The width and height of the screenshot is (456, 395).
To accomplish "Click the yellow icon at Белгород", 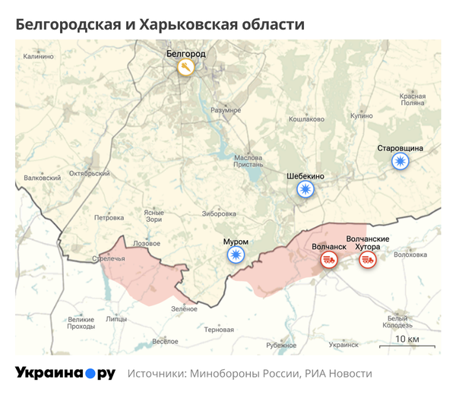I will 186,68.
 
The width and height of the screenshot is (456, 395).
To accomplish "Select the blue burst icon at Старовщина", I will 400,161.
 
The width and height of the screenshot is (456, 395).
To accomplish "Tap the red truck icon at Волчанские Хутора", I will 368,261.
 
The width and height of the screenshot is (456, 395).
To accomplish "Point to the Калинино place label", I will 39,56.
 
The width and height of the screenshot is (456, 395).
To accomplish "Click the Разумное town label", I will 226,110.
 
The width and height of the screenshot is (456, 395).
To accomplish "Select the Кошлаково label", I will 307,119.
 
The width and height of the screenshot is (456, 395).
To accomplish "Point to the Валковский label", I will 42,178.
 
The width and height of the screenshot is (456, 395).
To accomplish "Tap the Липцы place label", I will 116,320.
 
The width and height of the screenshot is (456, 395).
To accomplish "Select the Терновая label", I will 219,330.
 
